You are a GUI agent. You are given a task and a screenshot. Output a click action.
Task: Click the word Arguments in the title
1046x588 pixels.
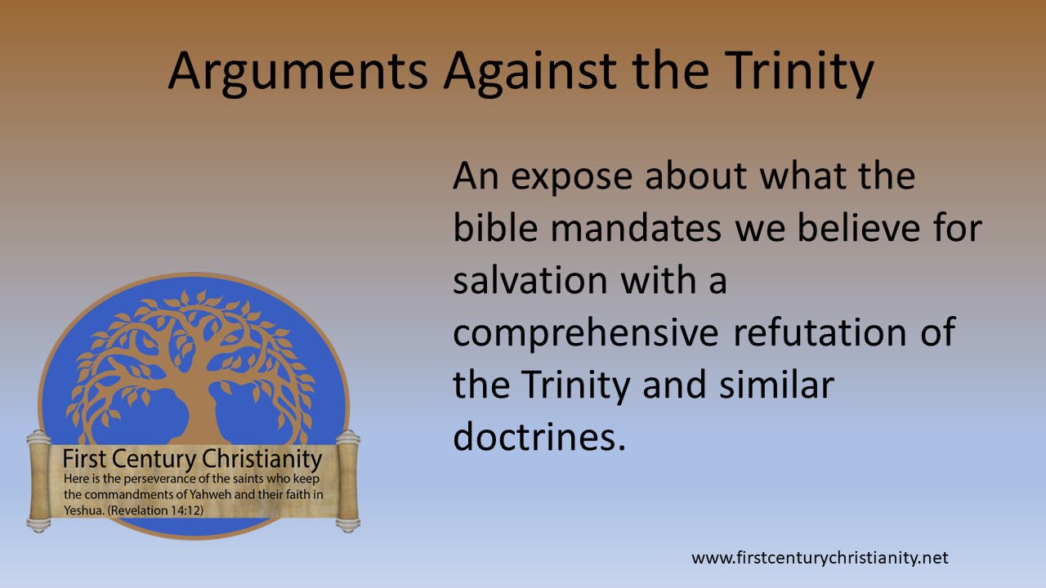click(x=298, y=71)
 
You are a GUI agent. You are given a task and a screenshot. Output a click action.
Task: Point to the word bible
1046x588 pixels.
click(x=495, y=229)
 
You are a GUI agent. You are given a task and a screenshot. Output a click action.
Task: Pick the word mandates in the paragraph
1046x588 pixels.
click(x=637, y=229)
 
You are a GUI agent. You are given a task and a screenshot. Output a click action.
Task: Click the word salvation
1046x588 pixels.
click(x=530, y=282)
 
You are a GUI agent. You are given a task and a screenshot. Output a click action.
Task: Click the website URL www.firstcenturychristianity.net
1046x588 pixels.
click(x=820, y=559)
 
